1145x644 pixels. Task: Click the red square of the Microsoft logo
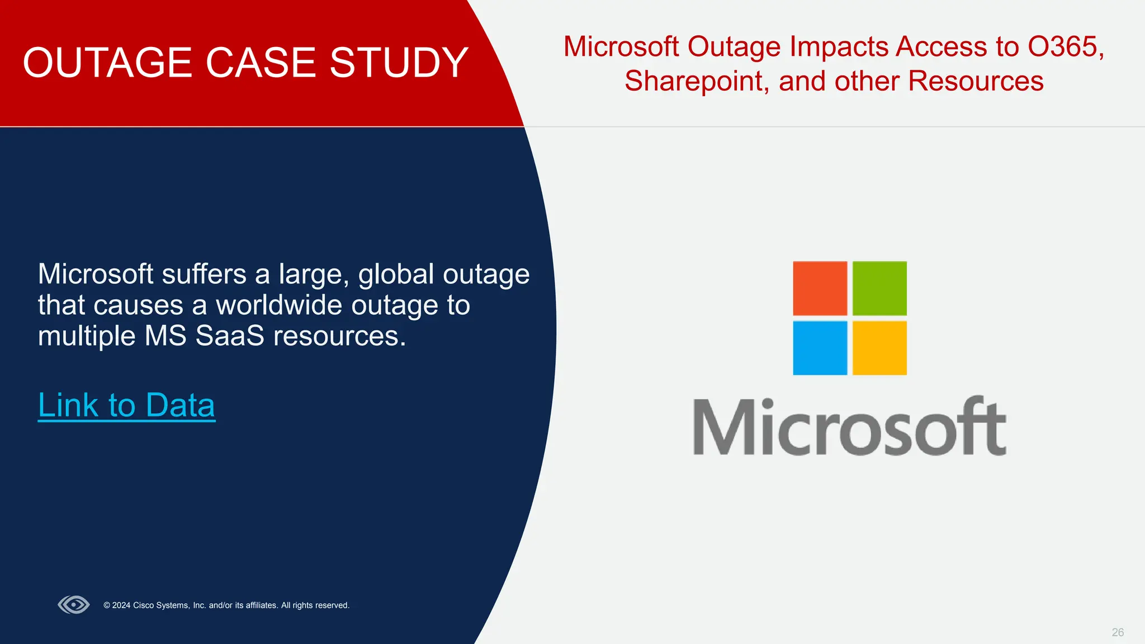pos(820,288)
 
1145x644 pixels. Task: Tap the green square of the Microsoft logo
pos(879,288)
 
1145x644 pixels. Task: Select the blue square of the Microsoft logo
pos(820,348)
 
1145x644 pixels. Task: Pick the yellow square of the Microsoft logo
pos(879,348)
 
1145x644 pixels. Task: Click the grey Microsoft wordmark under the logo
pos(849,427)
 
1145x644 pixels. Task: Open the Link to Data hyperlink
pos(126,405)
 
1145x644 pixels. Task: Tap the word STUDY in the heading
pos(399,63)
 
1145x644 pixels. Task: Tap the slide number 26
pos(1118,632)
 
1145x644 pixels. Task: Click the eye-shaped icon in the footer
pos(74,605)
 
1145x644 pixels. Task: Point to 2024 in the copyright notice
pos(121,605)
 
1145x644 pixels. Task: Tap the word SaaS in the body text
pos(229,336)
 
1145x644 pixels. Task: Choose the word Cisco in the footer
pos(144,605)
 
